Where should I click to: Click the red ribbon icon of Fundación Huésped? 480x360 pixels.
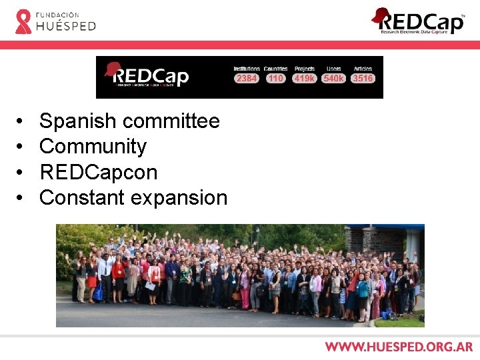click(x=23, y=21)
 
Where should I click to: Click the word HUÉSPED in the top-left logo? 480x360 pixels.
click(x=66, y=26)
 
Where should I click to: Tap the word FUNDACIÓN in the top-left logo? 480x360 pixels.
click(x=57, y=14)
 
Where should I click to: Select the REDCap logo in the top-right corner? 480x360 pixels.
click(x=419, y=21)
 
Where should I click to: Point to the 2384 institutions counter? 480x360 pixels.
click(x=247, y=79)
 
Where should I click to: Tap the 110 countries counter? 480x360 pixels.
click(x=275, y=79)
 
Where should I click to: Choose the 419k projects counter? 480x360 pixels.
click(x=304, y=79)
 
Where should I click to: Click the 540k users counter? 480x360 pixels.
click(x=333, y=79)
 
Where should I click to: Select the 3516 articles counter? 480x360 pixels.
click(x=363, y=79)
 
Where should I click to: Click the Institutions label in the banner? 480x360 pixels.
click(x=247, y=69)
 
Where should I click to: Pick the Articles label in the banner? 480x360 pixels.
click(x=363, y=69)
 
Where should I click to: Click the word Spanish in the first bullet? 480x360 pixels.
click(x=79, y=121)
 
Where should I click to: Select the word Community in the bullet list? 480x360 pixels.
click(x=93, y=147)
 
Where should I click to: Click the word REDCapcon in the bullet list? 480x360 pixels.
click(x=99, y=172)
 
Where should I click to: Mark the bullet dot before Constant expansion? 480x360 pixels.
click(x=21, y=198)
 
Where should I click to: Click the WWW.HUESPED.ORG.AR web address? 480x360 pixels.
click(x=399, y=347)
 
